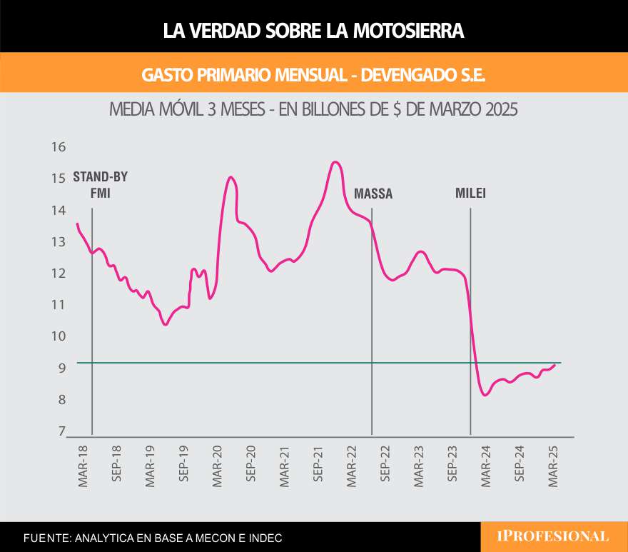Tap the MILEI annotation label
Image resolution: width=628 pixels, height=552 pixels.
tap(471, 193)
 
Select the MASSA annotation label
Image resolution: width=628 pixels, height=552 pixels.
tap(373, 194)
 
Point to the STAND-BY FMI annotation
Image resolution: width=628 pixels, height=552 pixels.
tap(101, 185)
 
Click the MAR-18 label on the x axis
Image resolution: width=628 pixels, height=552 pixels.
tap(83, 467)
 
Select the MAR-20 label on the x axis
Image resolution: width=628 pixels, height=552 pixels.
tap(218, 467)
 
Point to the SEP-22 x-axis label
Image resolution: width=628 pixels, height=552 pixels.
tap(385, 467)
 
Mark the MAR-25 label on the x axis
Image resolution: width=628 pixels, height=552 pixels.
tap(553, 467)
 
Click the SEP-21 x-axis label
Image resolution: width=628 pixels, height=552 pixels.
tap(318, 467)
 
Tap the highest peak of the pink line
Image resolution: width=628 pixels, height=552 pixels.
tap(335, 162)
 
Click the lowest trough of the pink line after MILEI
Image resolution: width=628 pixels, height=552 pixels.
tap(486, 395)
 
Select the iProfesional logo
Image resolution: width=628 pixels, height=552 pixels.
tap(554, 536)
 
